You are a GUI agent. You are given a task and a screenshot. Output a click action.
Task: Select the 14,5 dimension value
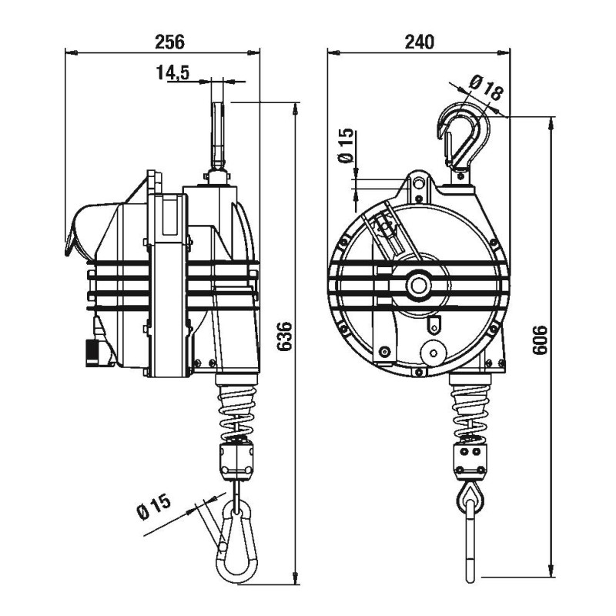[172, 73]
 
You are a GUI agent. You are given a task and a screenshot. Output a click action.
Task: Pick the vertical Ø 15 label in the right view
[346, 146]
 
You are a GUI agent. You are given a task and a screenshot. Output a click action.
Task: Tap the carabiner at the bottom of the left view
[236, 543]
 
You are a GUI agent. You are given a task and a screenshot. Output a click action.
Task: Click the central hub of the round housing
[420, 285]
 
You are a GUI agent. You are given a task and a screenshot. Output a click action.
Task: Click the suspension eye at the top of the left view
[218, 127]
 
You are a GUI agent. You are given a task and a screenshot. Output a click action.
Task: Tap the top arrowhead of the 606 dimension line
[553, 121]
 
